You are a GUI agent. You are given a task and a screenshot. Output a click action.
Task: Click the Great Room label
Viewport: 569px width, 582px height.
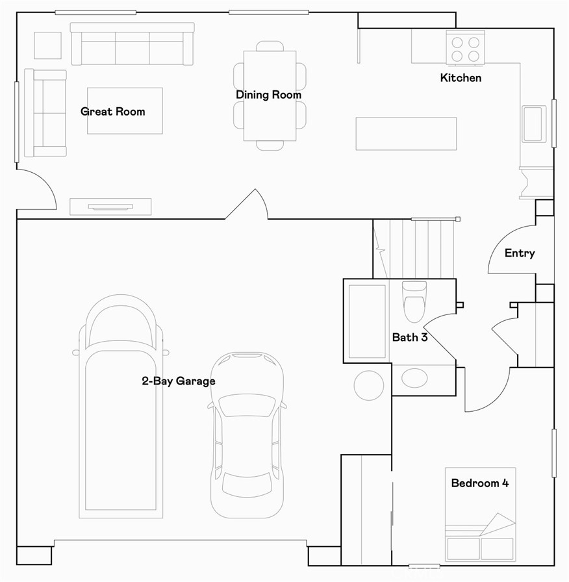click(x=113, y=111)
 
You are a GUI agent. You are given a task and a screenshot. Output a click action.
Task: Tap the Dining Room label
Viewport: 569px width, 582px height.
click(x=268, y=95)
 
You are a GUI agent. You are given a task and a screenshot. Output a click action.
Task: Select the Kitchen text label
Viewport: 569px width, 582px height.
click(x=461, y=78)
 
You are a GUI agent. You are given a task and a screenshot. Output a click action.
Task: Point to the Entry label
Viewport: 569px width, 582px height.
click(x=520, y=253)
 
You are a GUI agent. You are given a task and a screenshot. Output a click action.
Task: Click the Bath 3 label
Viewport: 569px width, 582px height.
click(x=409, y=337)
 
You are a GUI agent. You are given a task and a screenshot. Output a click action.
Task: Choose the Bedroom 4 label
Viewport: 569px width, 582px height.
click(x=479, y=483)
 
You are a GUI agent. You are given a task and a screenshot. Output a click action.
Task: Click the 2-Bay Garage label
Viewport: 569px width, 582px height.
click(x=179, y=381)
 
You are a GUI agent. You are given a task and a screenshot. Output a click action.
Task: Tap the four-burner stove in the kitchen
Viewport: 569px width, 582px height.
click(x=465, y=49)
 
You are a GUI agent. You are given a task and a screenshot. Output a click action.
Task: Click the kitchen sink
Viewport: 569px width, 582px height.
click(x=533, y=123)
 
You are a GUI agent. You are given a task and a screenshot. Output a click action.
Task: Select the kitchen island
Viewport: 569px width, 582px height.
click(x=406, y=134)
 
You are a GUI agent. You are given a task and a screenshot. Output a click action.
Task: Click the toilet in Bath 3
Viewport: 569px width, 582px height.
click(x=414, y=302)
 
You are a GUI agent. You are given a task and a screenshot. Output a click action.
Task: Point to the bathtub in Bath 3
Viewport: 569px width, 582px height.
click(x=367, y=321)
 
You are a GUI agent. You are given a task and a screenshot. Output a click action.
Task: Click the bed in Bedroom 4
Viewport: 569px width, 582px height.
click(x=480, y=513)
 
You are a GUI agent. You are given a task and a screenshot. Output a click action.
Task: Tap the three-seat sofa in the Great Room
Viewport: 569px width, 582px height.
click(x=132, y=44)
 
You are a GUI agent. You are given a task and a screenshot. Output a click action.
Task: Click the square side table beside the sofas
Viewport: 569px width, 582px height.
click(x=47, y=45)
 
